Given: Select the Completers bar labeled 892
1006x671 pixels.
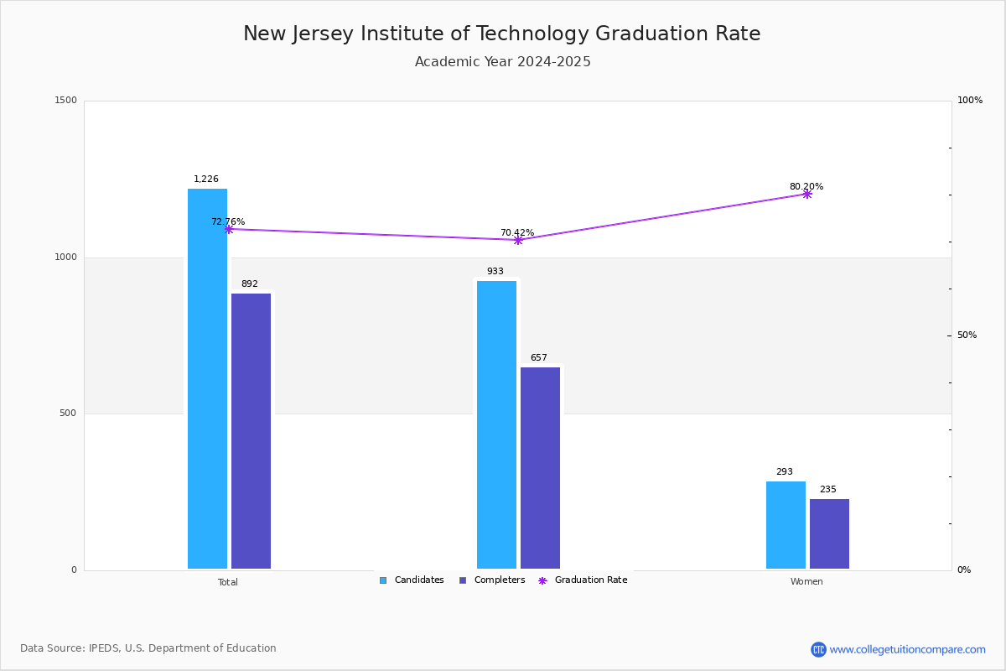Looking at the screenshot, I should (251, 431).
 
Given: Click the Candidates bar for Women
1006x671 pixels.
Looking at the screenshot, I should (786, 525).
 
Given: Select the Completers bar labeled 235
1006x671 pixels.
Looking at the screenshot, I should (829, 534).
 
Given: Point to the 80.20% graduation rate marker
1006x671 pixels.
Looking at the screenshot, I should (806, 194).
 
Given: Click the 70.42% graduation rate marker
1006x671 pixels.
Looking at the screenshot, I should (517, 240).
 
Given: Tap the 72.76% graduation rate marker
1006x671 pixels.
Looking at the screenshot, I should (228, 229).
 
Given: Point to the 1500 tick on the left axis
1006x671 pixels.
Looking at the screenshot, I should (66, 101).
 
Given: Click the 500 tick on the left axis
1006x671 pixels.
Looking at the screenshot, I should (68, 414).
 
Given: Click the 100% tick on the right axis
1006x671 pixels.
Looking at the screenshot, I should (970, 101).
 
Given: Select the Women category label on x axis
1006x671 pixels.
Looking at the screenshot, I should (806, 582).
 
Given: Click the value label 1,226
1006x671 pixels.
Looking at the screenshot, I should (206, 179).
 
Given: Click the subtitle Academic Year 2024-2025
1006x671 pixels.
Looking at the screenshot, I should (503, 62).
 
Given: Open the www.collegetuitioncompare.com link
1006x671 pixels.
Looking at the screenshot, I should (907, 649).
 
